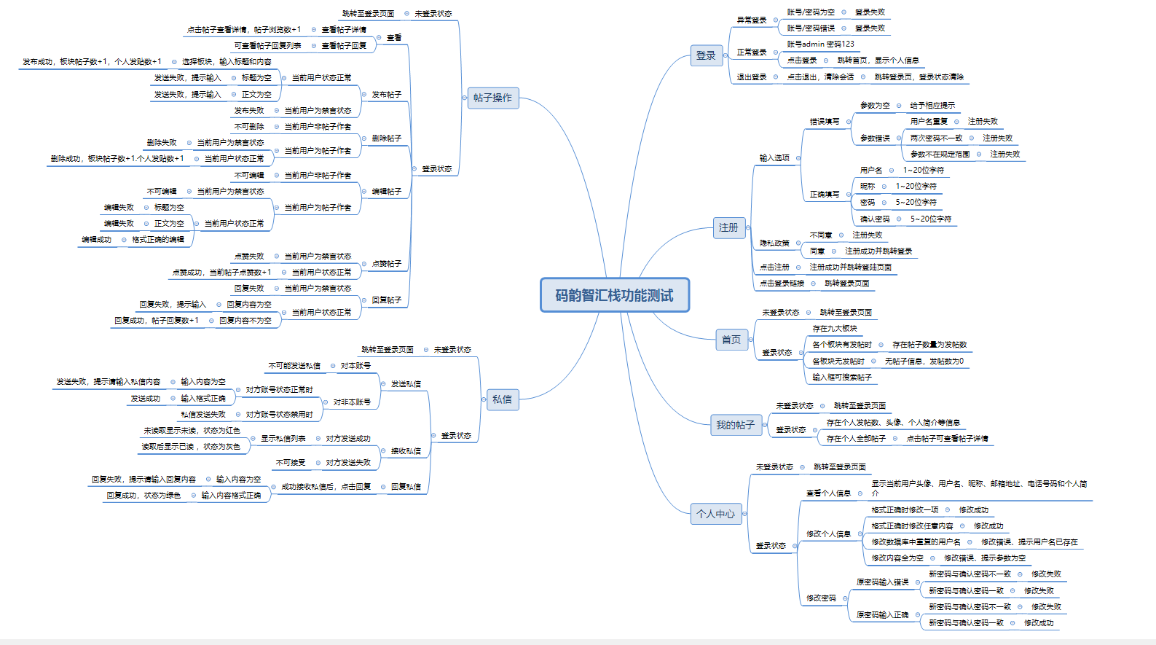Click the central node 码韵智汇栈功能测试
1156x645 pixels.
pos(614,295)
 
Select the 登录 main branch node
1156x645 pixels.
pos(706,55)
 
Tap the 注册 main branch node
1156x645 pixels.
pos(728,227)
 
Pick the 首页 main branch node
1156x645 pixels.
pos(731,340)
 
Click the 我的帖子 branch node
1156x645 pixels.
pos(735,425)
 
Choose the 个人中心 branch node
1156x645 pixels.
pos(715,514)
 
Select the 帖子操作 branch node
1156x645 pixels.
pos(492,98)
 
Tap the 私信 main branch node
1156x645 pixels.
pos(502,399)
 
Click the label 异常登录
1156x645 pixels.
pos(752,20)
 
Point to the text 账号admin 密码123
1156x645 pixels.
pos(820,44)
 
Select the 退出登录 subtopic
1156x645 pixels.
pos(752,77)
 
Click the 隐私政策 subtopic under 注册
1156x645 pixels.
pos(774,243)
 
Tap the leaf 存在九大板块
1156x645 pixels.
pos(835,329)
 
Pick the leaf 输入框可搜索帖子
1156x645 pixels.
pos(842,378)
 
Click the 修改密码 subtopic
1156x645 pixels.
pos(821,598)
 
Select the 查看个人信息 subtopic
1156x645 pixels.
pos(828,493)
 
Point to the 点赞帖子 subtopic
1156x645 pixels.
pos(387,264)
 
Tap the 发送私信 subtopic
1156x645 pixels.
pos(406,384)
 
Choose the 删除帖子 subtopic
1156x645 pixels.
pos(387,138)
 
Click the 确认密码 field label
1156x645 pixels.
pos(875,219)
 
